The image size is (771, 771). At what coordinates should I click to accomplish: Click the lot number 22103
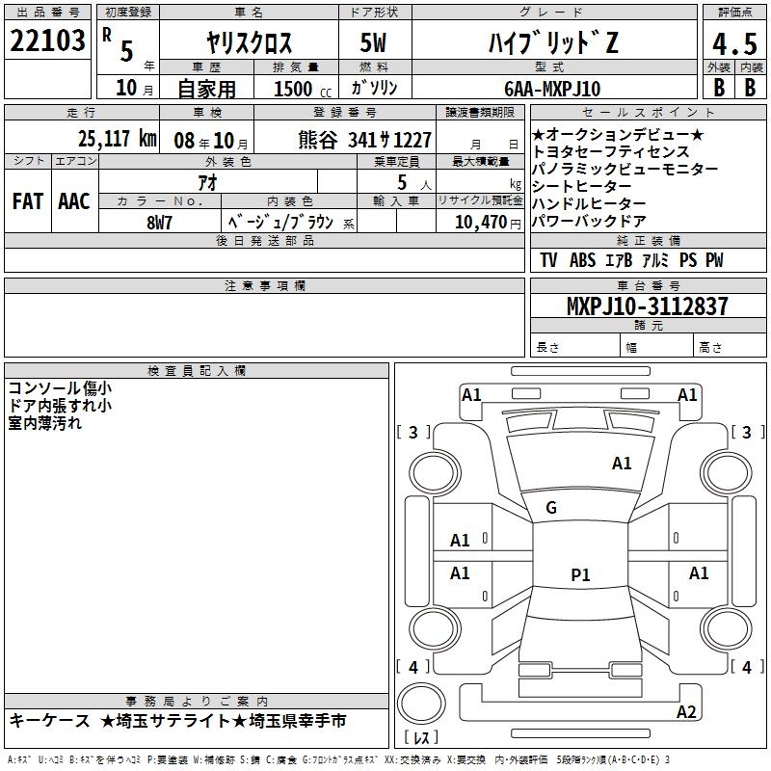47,40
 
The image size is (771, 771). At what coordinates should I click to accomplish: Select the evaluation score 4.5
734,43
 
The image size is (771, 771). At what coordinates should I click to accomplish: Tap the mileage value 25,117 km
118,139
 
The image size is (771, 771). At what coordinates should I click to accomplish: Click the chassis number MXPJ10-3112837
647,306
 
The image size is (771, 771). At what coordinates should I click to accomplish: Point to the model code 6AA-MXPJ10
552,89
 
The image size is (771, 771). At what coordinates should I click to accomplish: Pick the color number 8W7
159,223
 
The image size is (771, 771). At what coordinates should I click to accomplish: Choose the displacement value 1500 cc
303,89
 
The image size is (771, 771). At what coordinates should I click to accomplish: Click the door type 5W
373,42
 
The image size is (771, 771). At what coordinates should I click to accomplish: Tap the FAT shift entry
28,201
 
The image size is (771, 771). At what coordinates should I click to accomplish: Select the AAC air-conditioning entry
74,201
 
